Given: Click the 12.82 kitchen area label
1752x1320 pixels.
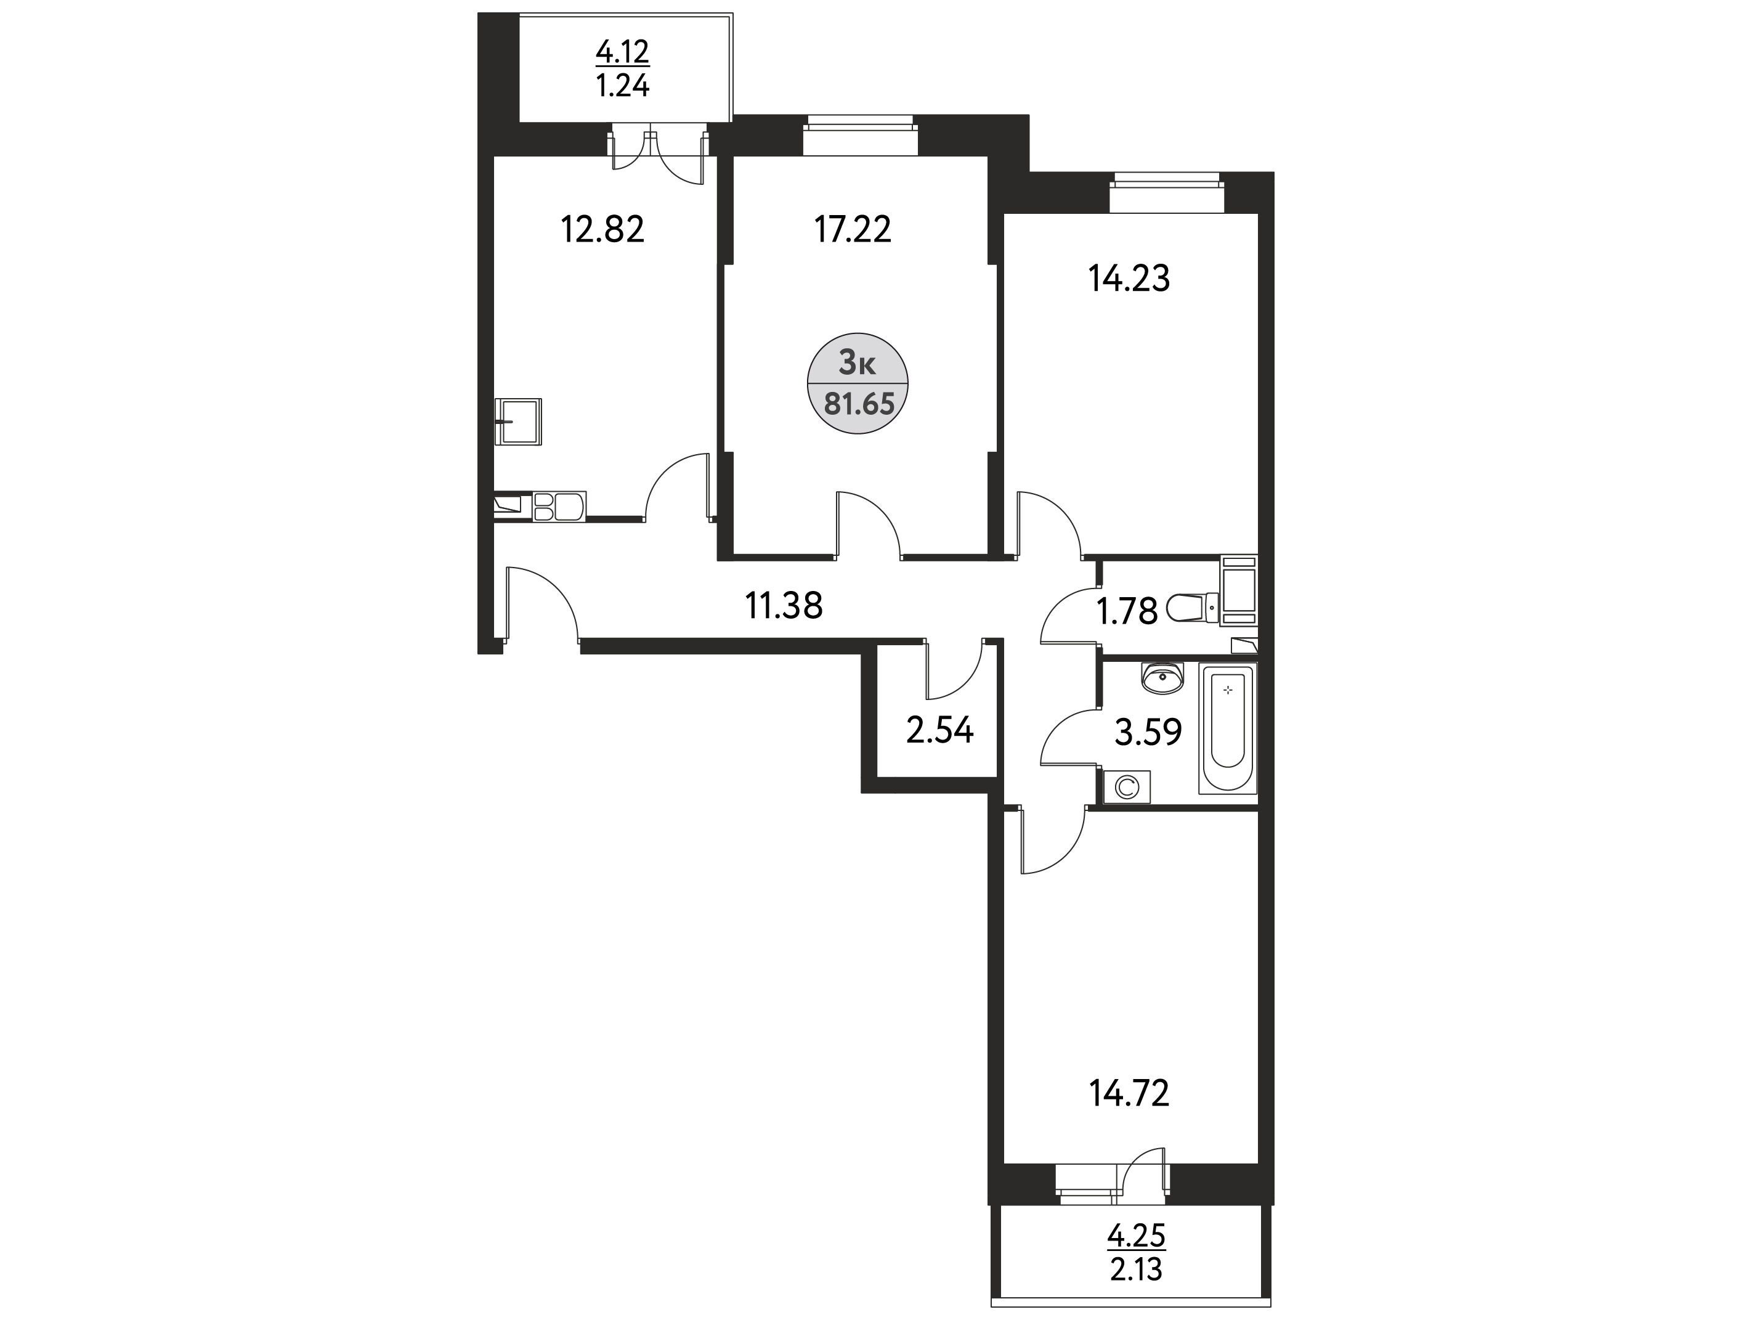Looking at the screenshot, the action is pyautogui.click(x=602, y=230).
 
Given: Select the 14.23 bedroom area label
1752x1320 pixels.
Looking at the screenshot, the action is pyautogui.click(x=1129, y=279).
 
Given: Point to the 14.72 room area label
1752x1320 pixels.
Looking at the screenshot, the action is pyautogui.click(x=1129, y=1094).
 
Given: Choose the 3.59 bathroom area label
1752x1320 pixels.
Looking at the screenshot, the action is pyautogui.click(x=1148, y=733).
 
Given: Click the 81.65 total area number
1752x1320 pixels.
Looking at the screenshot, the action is pyautogui.click(x=859, y=405).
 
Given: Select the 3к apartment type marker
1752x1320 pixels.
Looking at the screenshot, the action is pyautogui.click(x=857, y=364).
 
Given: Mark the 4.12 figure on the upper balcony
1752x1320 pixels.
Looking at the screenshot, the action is pyautogui.click(x=623, y=53).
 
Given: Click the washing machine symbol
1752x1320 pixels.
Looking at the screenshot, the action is pyautogui.click(x=1126, y=787).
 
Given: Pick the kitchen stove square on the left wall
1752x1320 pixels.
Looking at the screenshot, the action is pyautogui.click(x=518, y=422).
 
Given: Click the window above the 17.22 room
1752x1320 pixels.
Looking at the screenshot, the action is pyautogui.click(x=859, y=136).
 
